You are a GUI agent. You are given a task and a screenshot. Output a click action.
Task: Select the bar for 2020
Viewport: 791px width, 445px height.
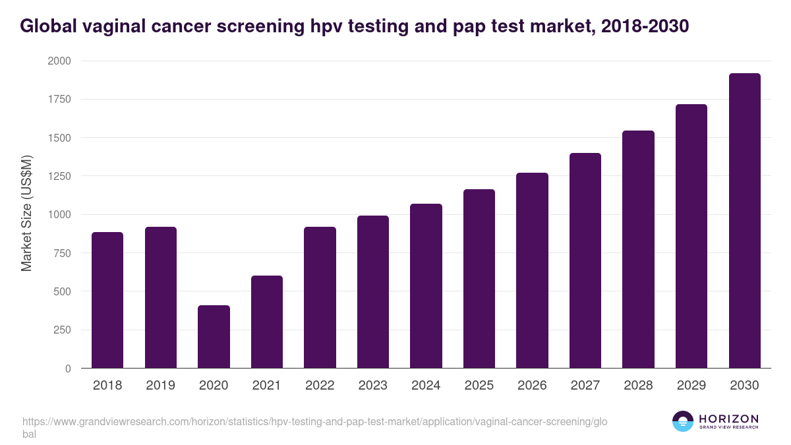click(x=214, y=337)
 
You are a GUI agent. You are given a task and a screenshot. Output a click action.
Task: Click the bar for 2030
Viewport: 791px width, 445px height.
click(x=744, y=221)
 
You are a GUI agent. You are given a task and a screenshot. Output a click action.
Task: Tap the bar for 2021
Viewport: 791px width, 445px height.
click(x=266, y=322)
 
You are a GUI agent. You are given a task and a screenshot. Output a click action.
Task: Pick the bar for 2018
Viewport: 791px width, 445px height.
click(x=107, y=300)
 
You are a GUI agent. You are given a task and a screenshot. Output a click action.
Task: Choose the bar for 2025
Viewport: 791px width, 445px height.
click(x=479, y=279)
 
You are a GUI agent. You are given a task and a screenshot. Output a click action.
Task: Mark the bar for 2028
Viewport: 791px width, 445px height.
click(x=638, y=249)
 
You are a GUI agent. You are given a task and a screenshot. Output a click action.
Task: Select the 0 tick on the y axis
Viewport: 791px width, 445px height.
click(x=68, y=369)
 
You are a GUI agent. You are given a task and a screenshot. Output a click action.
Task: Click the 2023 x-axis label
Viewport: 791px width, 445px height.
click(x=372, y=386)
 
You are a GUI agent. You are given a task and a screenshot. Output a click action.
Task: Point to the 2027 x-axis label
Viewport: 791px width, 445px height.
click(x=585, y=386)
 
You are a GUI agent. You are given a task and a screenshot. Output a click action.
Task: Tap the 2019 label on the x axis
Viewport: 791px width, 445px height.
click(x=160, y=386)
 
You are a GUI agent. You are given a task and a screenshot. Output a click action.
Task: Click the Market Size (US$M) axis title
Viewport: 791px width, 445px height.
click(x=26, y=212)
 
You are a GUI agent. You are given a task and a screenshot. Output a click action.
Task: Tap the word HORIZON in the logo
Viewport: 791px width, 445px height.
click(x=728, y=419)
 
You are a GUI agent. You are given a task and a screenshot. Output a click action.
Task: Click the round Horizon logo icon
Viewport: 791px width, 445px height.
click(x=683, y=421)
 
